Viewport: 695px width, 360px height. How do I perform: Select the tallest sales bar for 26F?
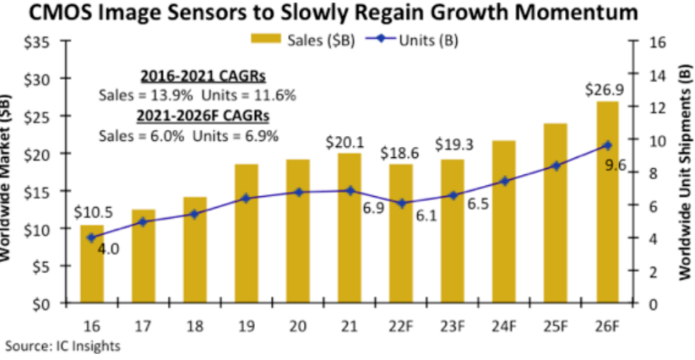(606, 203)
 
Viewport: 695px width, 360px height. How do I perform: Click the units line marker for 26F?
(606, 145)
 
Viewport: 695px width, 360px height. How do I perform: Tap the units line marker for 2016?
(92, 237)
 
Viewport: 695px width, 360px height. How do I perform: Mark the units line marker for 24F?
(504, 181)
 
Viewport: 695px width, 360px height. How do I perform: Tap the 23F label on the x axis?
(452, 323)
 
